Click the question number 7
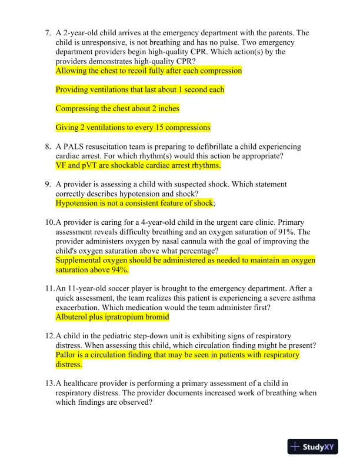tap(48, 34)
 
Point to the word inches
tap(167, 108)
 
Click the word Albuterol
tap(75, 317)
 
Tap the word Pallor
tap(66, 355)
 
